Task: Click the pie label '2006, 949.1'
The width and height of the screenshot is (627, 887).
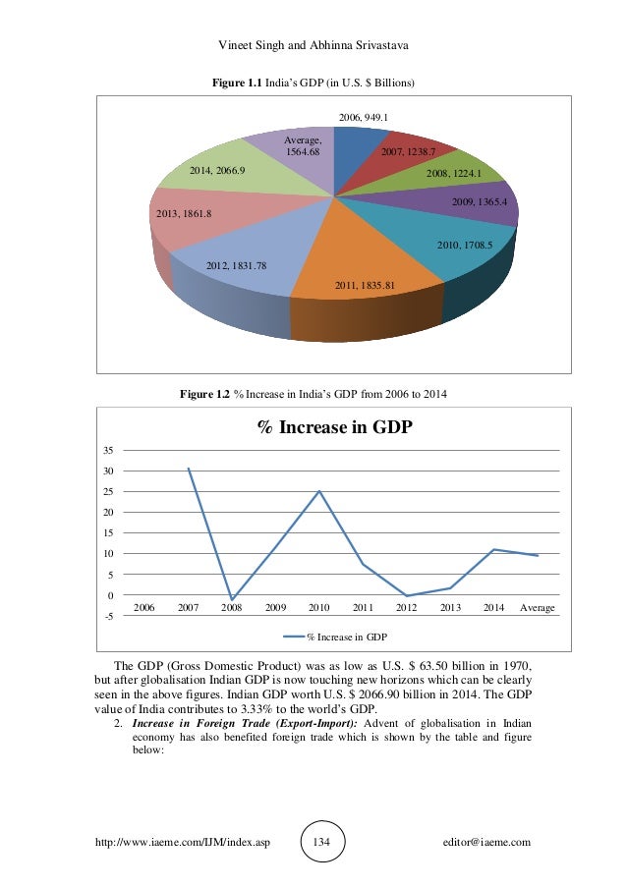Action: click(x=364, y=117)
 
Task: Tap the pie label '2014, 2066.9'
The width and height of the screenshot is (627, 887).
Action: click(x=217, y=170)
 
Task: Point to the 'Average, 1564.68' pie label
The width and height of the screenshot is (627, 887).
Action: click(x=304, y=146)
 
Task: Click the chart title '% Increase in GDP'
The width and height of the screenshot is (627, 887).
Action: click(x=334, y=427)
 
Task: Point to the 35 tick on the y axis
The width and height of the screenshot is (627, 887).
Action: click(x=108, y=450)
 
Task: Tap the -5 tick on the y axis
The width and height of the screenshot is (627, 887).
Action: click(x=107, y=616)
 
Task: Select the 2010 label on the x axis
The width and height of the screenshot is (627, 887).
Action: click(x=318, y=608)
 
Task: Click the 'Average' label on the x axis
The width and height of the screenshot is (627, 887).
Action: click(x=538, y=608)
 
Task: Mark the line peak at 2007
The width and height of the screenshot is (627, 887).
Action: click(x=188, y=469)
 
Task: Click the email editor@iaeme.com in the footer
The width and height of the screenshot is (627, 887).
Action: click(x=487, y=842)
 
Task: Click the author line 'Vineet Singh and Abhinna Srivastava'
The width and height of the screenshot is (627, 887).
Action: click(x=313, y=46)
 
